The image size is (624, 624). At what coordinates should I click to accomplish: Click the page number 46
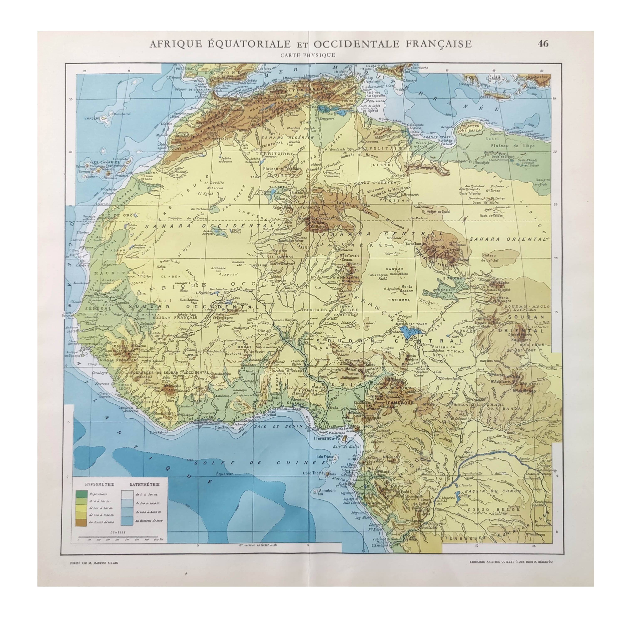coord(543,44)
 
